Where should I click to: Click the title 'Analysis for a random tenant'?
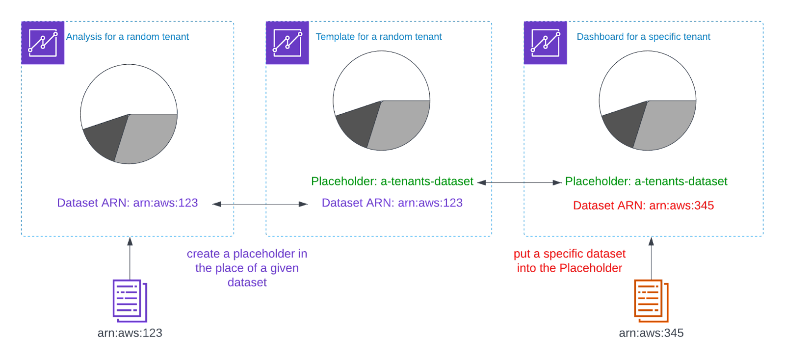click(x=128, y=37)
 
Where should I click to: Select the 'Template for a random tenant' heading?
click(x=379, y=37)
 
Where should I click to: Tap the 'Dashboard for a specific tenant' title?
click(x=643, y=37)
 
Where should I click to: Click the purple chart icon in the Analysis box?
click(x=43, y=43)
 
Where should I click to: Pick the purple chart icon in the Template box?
click(x=287, y=43)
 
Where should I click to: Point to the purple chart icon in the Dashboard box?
click(x=545, y=43)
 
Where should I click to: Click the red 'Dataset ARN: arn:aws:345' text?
click(x=643, y=206)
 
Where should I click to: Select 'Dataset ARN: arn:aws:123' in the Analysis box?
click(x=128, y=203)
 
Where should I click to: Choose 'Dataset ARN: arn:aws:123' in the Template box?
click(x=392, y=203)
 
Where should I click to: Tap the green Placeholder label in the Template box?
click(x=392, y=181)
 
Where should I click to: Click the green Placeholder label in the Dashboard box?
click(x=646, y=181)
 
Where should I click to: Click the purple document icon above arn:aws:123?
click(x=130, y=300)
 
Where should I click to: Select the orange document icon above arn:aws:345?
click(x=651, y=300)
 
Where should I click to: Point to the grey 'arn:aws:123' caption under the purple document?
click(x=130, y=333)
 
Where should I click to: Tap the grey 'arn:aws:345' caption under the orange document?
click(x=651, y=333)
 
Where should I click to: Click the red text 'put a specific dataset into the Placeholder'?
click(x=570, y=261)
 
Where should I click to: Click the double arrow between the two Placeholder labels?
click(x=519, y=182)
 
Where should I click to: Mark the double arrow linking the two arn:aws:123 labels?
click(x=260, y=204)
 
